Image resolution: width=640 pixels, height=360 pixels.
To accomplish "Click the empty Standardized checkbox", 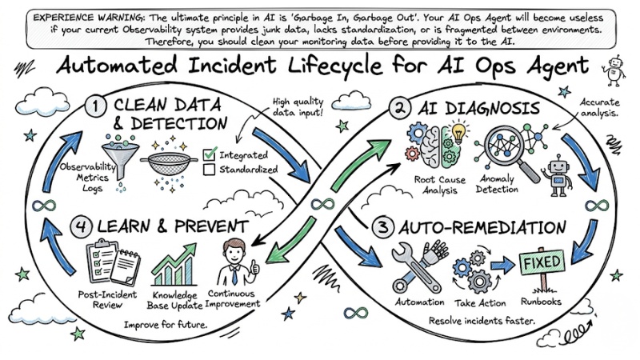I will (x=210, y=170).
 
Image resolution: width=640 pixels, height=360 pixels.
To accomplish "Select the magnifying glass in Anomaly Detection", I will (x=500, y=148).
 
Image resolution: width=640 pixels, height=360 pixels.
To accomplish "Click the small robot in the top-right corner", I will (x=617, y=69).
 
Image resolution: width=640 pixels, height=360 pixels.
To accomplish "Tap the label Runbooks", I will (x=542, y=302).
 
